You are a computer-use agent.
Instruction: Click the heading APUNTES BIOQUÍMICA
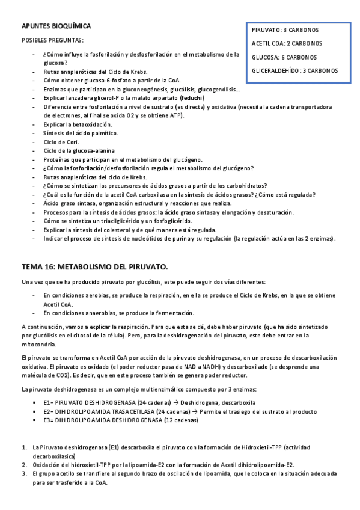[56, 26]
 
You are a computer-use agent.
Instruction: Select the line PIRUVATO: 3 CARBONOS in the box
[285, 29]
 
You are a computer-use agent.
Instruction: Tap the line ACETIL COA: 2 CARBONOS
[287, 43]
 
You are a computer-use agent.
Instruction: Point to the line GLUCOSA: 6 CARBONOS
[285, 57]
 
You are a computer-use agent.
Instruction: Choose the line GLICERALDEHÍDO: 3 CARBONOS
[294, 71]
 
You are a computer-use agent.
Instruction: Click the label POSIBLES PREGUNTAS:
[53, 40]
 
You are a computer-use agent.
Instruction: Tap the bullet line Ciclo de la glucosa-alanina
[79, 150]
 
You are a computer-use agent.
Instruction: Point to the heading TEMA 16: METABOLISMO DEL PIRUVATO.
[94, 266]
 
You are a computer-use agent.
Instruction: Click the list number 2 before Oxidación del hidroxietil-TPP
[24, 465]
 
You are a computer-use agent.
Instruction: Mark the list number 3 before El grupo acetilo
[24, 474]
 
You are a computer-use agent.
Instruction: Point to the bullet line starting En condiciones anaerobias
[118, 313]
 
